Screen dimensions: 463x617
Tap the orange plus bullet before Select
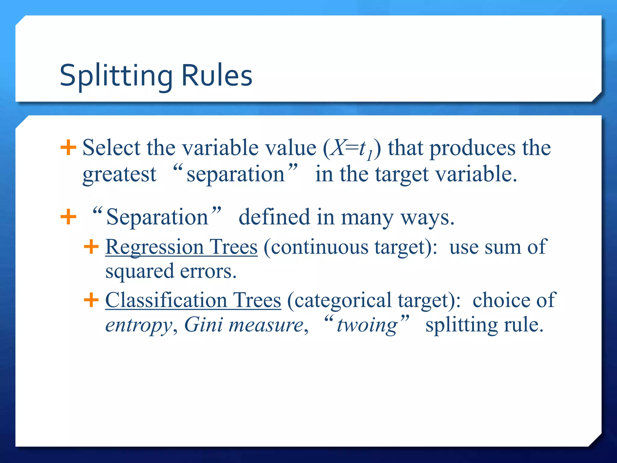click(68, 147)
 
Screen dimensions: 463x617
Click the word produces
click(472, 148)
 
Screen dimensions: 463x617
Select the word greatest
click(119, 175)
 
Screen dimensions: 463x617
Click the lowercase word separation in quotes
click(236, 175)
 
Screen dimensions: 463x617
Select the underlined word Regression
click(155, 247)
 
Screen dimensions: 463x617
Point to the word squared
click(139, 271)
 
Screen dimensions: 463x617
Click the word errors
click(208, 271)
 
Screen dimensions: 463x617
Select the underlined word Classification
click(166, 300)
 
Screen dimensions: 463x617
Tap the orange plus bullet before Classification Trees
click(91, 300)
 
